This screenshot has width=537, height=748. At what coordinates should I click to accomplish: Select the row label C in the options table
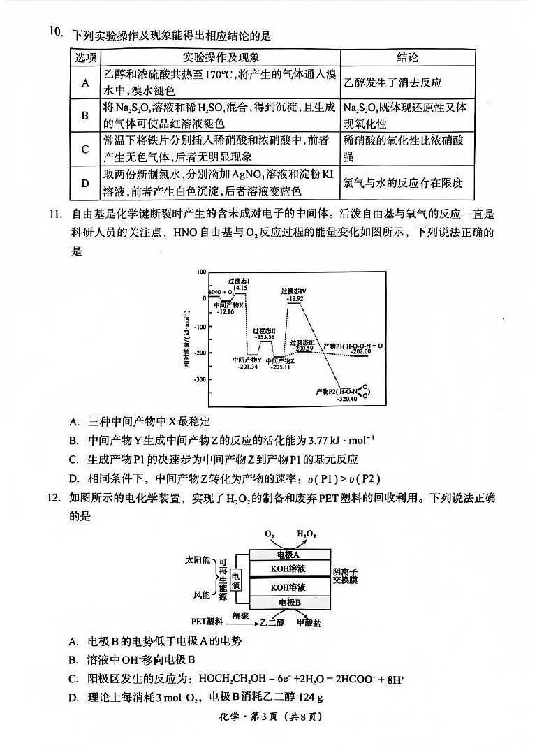[85, 149]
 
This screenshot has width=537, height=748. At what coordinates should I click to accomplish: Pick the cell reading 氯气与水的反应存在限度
[403, 183]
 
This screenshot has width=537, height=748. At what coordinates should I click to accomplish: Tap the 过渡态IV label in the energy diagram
[294, 291]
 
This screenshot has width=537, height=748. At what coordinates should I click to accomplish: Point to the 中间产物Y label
[248, 360]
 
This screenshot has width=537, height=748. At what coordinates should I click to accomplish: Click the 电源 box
[235, 578]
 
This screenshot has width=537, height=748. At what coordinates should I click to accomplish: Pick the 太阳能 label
[197, 560]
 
